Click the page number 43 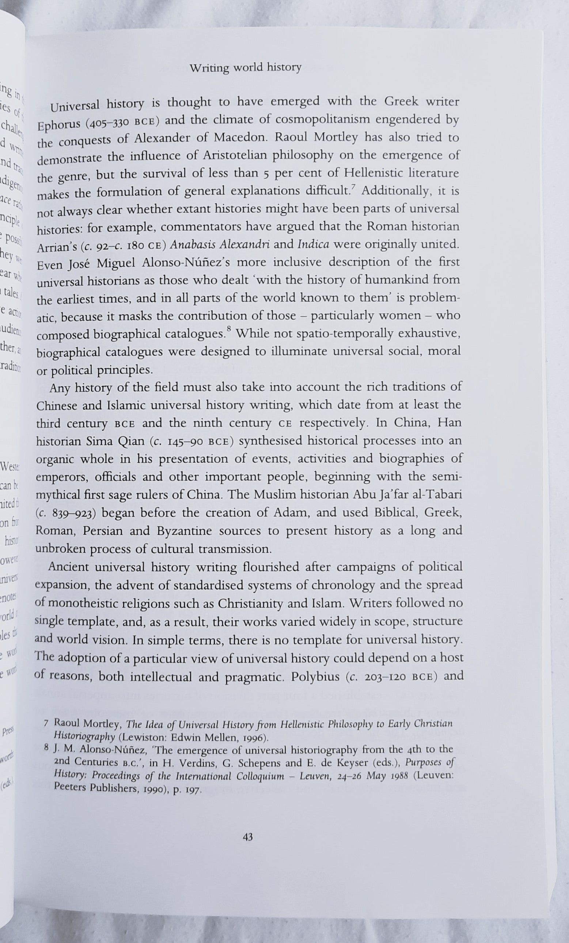[247, 837]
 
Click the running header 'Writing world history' [246, 68]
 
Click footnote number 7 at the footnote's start [46, 724]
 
